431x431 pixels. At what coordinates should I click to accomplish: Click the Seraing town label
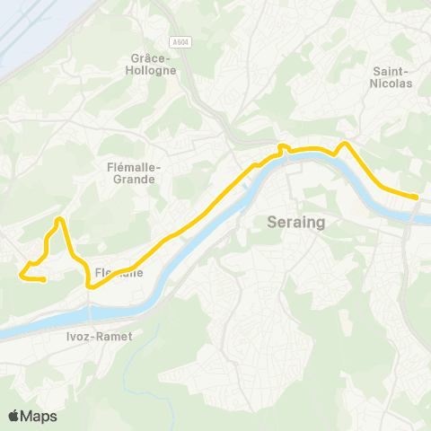[295, 222]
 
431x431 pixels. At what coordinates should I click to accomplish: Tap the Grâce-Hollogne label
[145, 62]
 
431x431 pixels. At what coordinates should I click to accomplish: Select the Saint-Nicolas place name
[391, 77]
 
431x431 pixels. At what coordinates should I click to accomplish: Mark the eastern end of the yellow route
[417, 197]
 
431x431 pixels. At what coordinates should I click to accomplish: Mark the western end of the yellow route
[44, 280]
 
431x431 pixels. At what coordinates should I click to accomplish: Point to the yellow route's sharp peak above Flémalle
[59, 219]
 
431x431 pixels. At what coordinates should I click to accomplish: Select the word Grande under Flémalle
[131, 179]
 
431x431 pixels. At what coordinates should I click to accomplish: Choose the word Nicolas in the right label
[391, 84]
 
